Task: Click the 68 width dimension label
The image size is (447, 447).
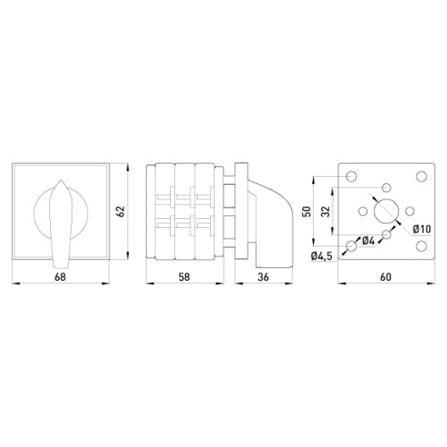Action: (60, 277)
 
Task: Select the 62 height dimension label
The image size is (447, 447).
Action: (121, 211)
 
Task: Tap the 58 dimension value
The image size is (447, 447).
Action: (184, 277)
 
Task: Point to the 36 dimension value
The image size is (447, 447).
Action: (263, 277)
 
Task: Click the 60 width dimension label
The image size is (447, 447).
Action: (385, 277)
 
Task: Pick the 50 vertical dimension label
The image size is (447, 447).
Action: (308, 211)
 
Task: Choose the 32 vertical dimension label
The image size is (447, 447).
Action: (327, 211)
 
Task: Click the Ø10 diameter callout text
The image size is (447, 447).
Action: (422, 229)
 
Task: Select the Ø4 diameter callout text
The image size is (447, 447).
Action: (368, 240)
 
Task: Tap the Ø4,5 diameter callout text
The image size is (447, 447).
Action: (321, 256)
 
